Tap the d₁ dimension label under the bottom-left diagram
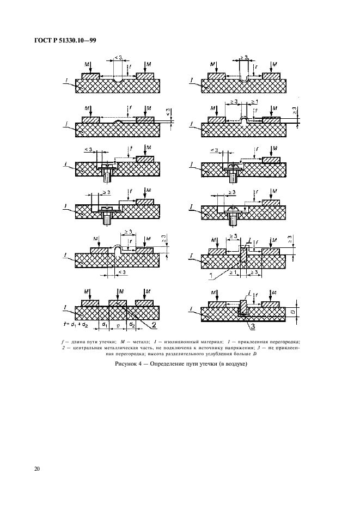(104, 324)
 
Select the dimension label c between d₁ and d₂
(118, 324)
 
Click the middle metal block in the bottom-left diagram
(118, 302)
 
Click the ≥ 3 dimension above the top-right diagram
(245, 57)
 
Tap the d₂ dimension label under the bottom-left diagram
(132, 324)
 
